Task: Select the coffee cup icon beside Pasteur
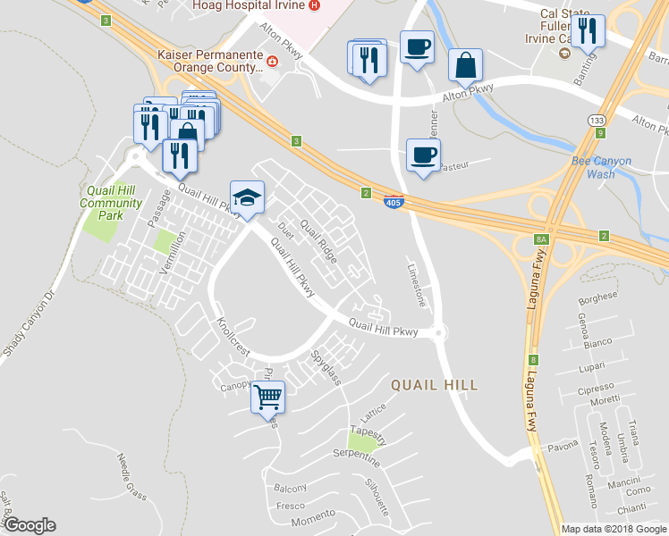pyautogui.click(x=423, y=155)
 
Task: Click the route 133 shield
pyautogui.click(x=595, y=119)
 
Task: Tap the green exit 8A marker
pyautogui.click(x=540, y=239)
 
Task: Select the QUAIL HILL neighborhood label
pyautogui.click(x=434, y=385)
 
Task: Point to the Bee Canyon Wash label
pyautogui.click(x=601, y=168)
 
